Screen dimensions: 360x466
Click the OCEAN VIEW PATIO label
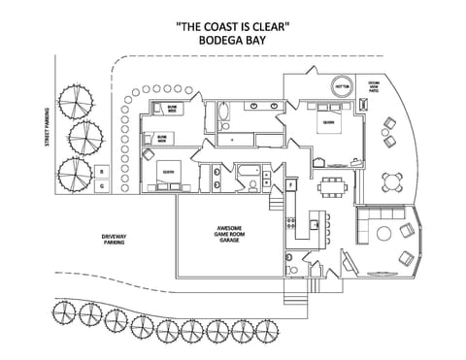(373, 88)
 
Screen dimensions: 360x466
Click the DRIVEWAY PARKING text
(115, 239)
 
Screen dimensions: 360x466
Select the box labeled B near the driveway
(102, 171)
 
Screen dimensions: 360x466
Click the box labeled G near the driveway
(102, 183)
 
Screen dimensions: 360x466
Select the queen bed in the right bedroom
(327, 123)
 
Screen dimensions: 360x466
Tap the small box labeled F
(290, 184)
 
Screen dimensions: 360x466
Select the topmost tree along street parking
(75, 100)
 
